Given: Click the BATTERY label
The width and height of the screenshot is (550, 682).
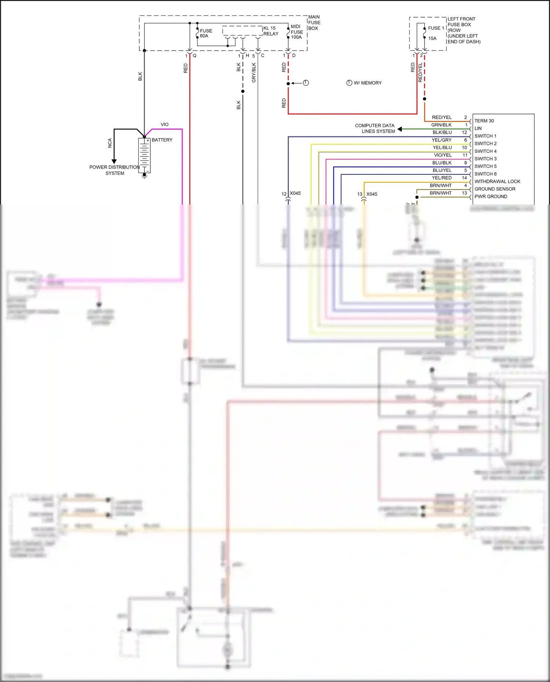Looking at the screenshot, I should [162, 140].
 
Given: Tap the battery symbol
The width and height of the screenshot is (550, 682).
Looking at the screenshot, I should [144, 155].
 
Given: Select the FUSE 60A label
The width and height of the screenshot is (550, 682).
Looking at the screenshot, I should [206, 33].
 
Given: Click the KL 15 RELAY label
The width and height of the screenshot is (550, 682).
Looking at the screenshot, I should [271, 31].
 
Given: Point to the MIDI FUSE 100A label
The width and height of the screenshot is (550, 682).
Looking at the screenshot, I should [297, 32].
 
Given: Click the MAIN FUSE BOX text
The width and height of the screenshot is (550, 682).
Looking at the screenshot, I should [314, 23].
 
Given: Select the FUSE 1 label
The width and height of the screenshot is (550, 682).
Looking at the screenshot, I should [436, 28].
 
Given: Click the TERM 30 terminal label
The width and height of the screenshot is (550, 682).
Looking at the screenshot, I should [484, 121].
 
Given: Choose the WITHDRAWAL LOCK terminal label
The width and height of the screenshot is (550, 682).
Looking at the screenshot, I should [497, 181].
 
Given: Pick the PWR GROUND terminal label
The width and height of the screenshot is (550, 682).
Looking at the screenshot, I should [491, 196].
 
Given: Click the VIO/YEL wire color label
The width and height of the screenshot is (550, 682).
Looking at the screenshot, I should [443, 155].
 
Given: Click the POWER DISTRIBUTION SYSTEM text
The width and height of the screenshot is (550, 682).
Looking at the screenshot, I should [114, 170].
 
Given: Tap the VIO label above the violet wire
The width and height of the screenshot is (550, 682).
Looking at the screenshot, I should [165, 125].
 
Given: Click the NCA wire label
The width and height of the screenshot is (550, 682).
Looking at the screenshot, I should [110, 143].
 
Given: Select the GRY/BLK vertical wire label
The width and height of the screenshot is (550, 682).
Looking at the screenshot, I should [254, 73].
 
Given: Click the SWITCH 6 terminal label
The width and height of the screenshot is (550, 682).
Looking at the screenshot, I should [485, 174].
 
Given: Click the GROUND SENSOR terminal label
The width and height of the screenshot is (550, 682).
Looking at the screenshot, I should [495, 189].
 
